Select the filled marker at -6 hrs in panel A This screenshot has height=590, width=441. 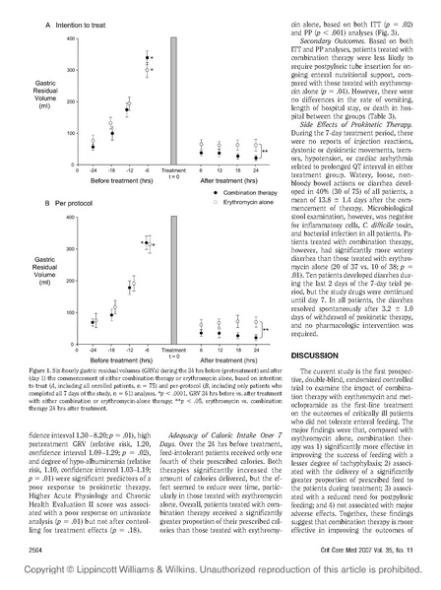pos(149,58)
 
